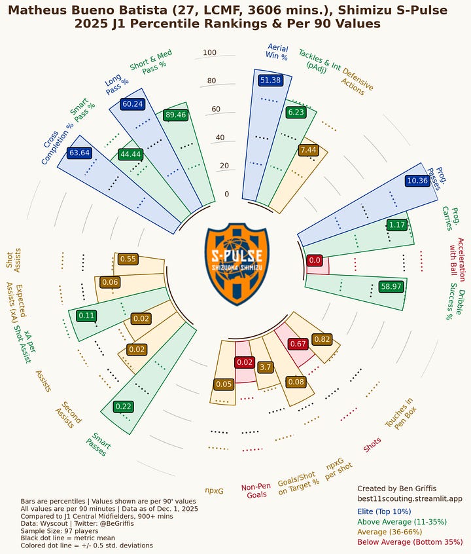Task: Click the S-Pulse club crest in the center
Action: pyautogui.click(x=236, y=264)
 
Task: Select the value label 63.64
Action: pyautogui.click(x=78, y=153)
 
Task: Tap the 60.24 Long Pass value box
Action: pyautogui.click(x=132, y=103)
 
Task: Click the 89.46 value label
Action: pyautogui.click(x=176, y=115)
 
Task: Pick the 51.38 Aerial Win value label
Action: pyautogui.click(x=270, y=80)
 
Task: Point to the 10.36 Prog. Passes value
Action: pyautogui.click(x=417, y=180)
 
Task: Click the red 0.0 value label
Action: pyautogui.click(x=315, y=260)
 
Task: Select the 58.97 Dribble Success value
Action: pyautogui.click(x=391, y=286)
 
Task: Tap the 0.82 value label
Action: pyautogui.click(x=322, y=339)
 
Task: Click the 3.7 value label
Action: pyautogui.click(x=265, y=367)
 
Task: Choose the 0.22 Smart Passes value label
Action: pyautogui.click(x=123, y=406)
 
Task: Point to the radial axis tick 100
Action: pyautogui.click(x=209, y=53)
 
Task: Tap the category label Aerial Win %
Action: pyautogui.click(x=277, y=52)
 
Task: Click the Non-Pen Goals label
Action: pyautogui.click(x=256, y=490)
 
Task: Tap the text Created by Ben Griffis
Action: pyautogui.click(x=396, y=489)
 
